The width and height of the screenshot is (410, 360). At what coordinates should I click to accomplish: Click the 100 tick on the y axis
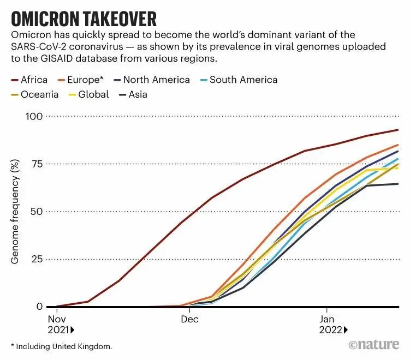pyautogui.click(x=34, y=116)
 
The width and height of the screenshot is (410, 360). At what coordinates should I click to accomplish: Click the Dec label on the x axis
pyautogui.click(x=189, y=319)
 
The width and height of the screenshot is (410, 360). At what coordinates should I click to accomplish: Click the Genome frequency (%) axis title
pyautogui.click(x=16, y=212)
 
